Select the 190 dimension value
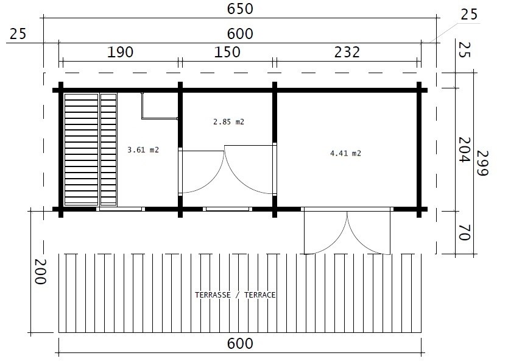(x=120, y=52)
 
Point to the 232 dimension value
(x=347, y=52)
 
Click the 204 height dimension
(x=464, y=149)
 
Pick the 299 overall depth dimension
(x=482, y=163)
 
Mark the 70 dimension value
(x=464, y=232)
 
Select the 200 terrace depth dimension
(x=40, y=272)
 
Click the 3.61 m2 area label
(x=143, y=149)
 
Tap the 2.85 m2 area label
(x=228, y=122)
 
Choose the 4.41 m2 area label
(x=345, y=154)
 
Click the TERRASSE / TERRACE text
(x=235, y=295)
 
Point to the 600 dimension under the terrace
(x=241, y=344)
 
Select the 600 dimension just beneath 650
(x=241, y=34)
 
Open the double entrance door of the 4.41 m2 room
(x=347, y=232)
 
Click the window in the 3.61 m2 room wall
(x=120, y=209)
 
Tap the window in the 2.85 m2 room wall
(x=228, y=209)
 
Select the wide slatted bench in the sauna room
(x=81, y=149)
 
